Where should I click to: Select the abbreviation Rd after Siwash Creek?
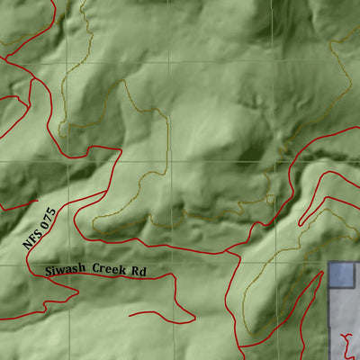pos(139,270)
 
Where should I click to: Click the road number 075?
pos(48,217)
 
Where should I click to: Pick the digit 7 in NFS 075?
pos(48,217)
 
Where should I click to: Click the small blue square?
pos(341,274)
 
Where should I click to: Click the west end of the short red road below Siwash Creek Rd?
pos(130,315)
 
